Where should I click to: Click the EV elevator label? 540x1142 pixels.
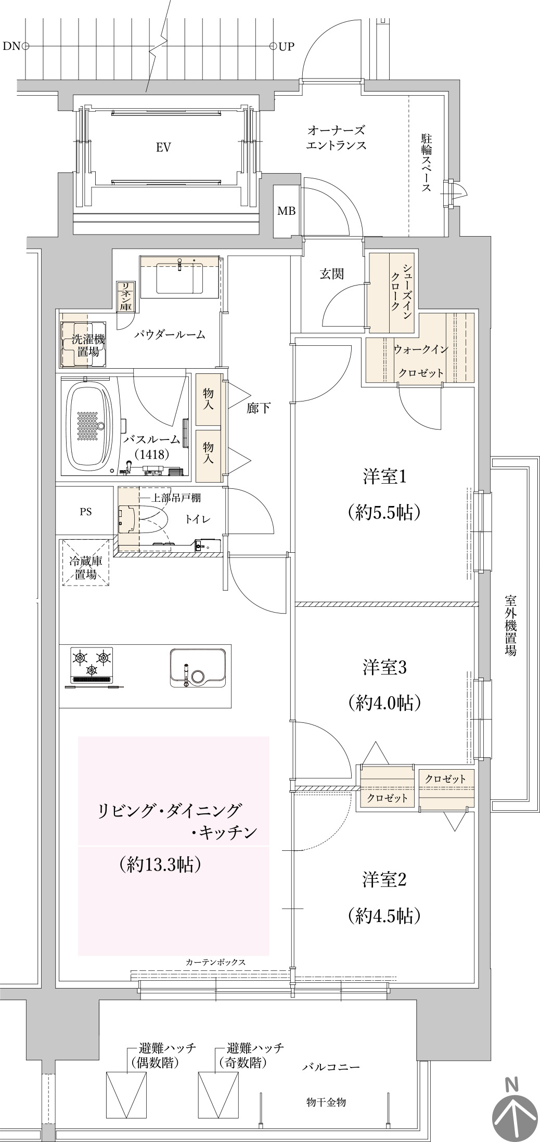(163, 148)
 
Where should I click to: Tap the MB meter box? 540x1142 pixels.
(286, 211)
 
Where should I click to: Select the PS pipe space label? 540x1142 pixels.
(86, 512)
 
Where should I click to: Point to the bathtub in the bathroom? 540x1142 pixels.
(90, 425)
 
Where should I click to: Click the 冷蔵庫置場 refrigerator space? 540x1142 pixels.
(86, 563)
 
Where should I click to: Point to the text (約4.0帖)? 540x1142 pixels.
(384, 703)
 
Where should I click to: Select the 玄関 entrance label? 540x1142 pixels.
(331, 274)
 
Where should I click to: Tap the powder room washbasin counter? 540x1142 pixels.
(179, 276)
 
